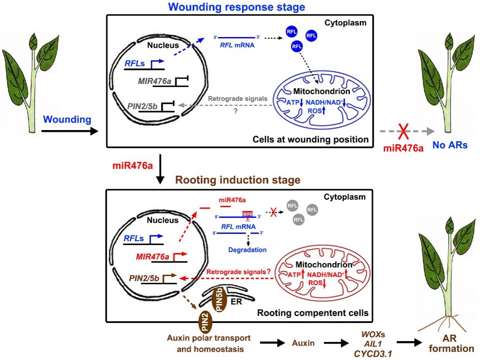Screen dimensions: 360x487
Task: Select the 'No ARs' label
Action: click(x=450, y=146)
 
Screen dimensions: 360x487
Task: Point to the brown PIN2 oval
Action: click(x=204, y=321)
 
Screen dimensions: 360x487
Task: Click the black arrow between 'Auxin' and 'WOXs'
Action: click(x=336, y=344)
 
